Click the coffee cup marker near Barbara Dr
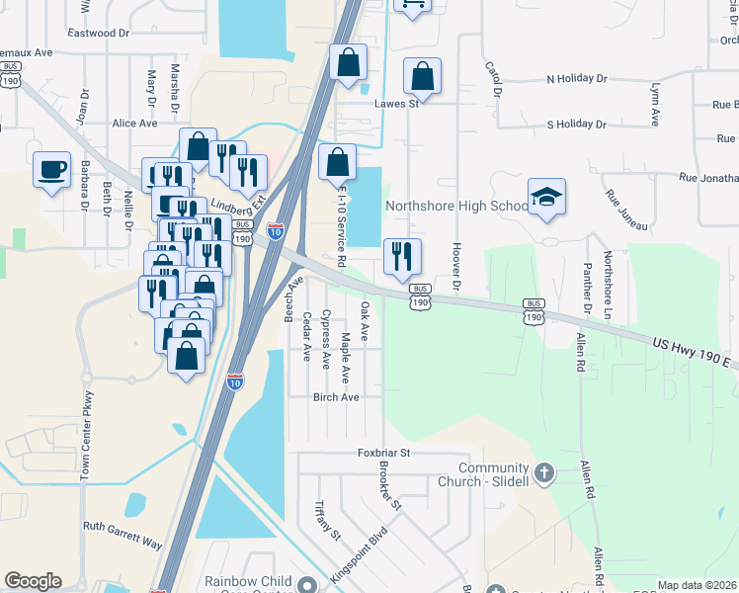click(x=51, y=169)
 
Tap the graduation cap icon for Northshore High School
click(x=546, y=196)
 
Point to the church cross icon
click(x=543, y=474)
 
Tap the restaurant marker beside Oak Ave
click(x=402, y=257)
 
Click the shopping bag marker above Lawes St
click(x=422, y=77)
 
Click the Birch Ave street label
click(x=335, y=397)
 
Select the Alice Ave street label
click(x=135, y=124)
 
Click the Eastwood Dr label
click(x=99, y=33)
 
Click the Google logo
click(x=33, y=581)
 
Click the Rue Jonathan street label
click(x=708, y=178)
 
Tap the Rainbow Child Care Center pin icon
click(x=308, y=583)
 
